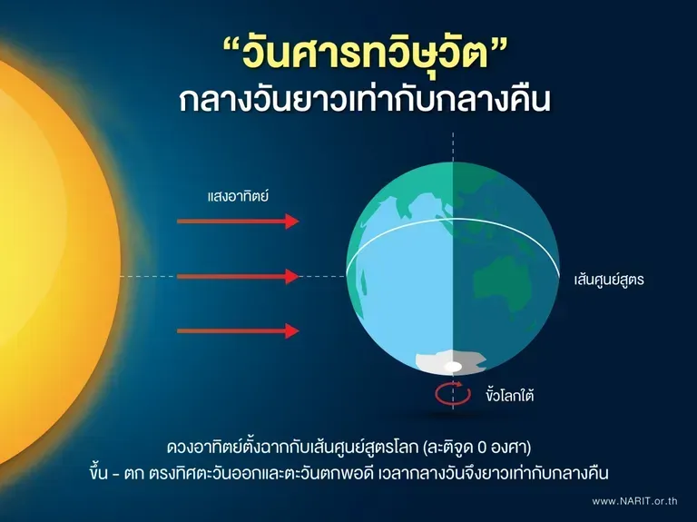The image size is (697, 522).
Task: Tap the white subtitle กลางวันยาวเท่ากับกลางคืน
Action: pos(365,100)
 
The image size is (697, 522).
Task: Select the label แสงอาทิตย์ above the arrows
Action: pos(238,196)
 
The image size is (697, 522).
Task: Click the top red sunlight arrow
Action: pos(238,221)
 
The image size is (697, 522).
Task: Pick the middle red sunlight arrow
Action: pos(238,276)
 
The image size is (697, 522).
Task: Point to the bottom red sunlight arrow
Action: pos(238,330)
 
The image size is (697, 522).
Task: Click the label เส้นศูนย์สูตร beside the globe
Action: pos(609,281)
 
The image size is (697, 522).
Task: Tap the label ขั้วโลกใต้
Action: pos(509,395)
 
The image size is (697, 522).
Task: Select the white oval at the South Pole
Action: pos(453,367)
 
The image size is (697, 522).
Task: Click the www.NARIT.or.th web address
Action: pos(634,501)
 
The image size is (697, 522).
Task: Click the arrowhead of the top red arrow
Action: pos(292,221)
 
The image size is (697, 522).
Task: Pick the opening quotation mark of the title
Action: pos(231,44)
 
